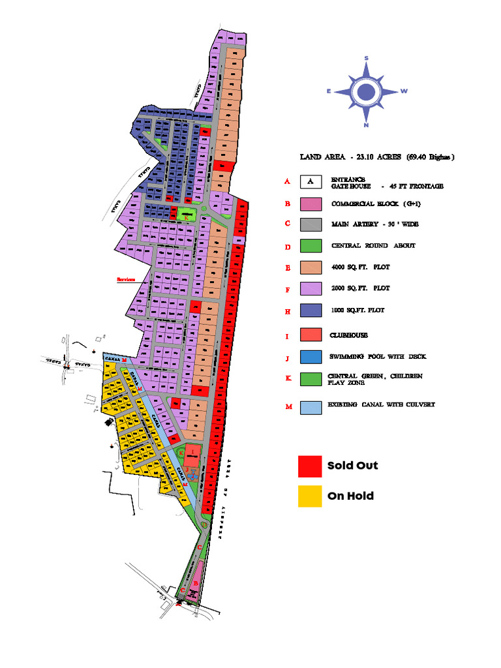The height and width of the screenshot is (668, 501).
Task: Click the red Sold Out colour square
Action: tap(311, 466)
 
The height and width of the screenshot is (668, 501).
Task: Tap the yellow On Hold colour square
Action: tap(311, 496)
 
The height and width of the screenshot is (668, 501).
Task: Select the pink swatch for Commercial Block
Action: tap(311, 204)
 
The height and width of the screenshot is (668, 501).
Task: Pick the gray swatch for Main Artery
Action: tap(311, 224)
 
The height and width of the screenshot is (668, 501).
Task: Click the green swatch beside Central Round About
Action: tap(311, 246)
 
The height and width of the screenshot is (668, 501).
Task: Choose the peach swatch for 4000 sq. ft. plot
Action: tap(311, 267)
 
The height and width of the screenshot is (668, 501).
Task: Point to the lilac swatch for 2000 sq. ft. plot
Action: tap(311, 288)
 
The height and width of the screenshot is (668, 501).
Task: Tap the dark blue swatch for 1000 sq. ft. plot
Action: tap(311, 311)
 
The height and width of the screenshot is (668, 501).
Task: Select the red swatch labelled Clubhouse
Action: tap(311, 335)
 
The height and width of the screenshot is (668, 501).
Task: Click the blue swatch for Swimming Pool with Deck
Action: tap(311, 357)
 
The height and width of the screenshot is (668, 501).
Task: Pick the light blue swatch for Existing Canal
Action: tap(311, 407)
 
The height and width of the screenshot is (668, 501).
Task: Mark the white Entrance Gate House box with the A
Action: tap(311, 181)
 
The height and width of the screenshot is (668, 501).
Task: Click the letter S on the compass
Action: tap(367, 59)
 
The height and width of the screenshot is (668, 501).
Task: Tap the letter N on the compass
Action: tap(367, 125)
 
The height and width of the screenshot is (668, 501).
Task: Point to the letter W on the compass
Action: tap(404, 91)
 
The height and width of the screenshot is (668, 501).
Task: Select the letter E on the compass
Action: tap(329, 92)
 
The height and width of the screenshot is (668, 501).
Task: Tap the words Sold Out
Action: tap(352, 466)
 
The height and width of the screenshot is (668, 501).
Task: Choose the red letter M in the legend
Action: tap(287, 407)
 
